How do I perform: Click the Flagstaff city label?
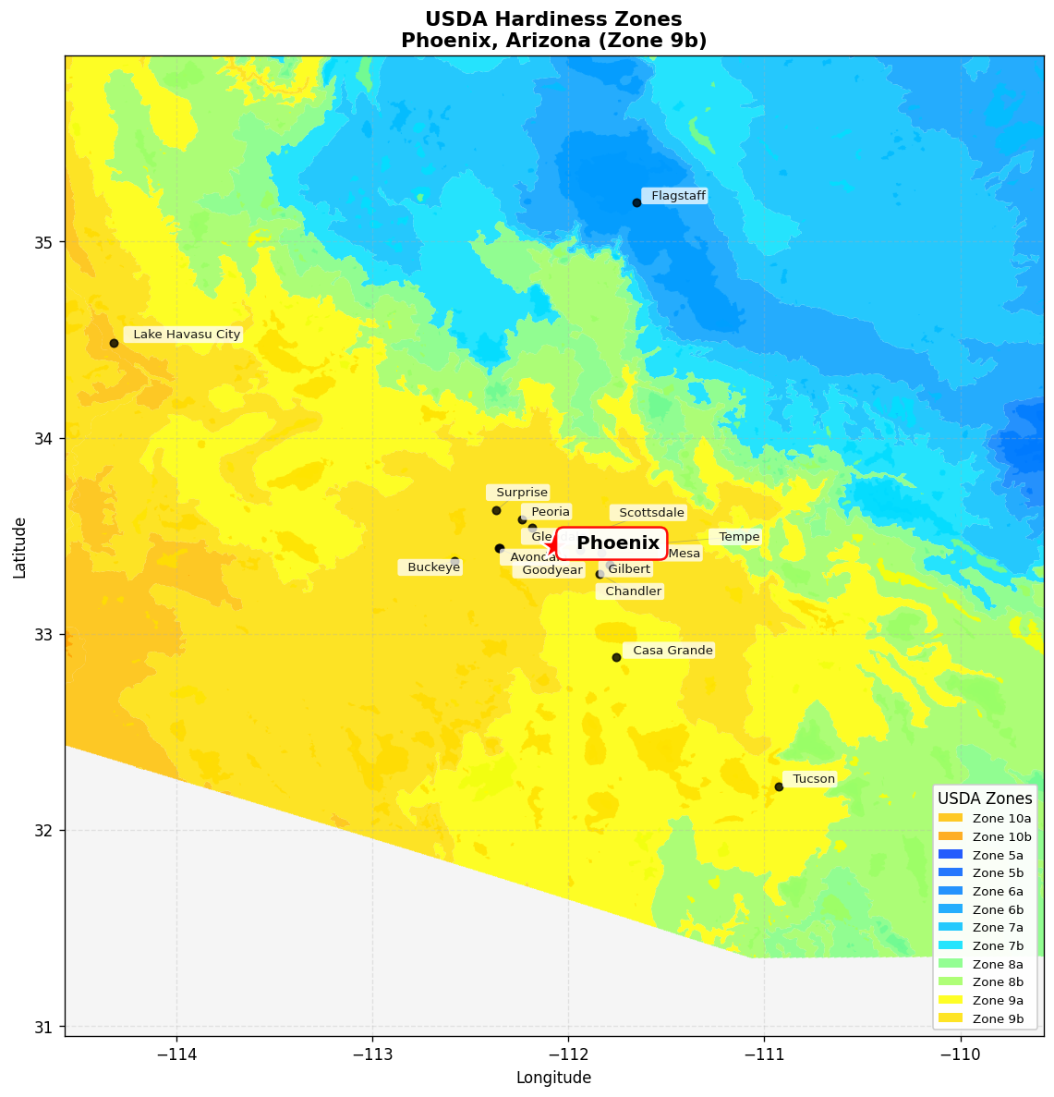[678, 196]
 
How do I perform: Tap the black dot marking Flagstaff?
[636, 202]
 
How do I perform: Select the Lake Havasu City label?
[187, 335]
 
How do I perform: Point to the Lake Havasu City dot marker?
[114, 343]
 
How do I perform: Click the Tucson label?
[813, 779]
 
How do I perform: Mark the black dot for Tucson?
[779, 786]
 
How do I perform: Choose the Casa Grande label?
[672, 651]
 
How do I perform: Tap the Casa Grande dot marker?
[616, 657]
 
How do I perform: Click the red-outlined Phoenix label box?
[612, 543]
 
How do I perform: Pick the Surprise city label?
[521, 493]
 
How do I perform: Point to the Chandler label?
[633, 591]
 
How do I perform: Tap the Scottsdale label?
[651, 513]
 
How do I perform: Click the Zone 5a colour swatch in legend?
[950, 855]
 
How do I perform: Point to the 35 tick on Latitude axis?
[44, 243]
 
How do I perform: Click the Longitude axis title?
[553, 1078]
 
